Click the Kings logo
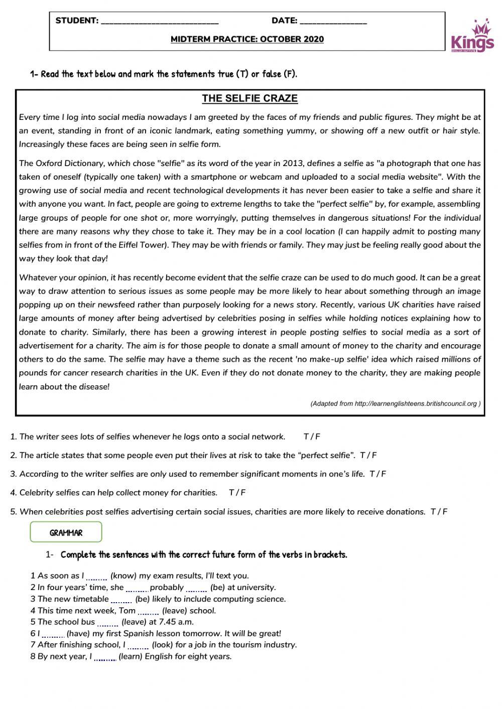tap(472, 36)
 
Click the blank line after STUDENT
tap(160, 22)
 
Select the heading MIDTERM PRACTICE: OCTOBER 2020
tap(247, 39)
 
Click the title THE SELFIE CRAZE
tap(249, 98)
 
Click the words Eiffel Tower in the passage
tap(143, 245)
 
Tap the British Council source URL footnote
tap(396, 403)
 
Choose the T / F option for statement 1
tap(312, 437)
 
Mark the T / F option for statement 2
tap(368, 456)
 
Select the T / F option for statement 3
tap(378, 474)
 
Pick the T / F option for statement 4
tap(237, 493)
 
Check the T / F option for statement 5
tap(439, 512)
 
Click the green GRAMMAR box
tap(66, 532)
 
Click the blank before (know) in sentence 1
tap(97, 577)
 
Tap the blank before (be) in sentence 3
tap(121, 600)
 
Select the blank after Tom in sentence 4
tap(149, 612)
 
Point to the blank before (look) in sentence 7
tap(138, 646)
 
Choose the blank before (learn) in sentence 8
tap(105, 658)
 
